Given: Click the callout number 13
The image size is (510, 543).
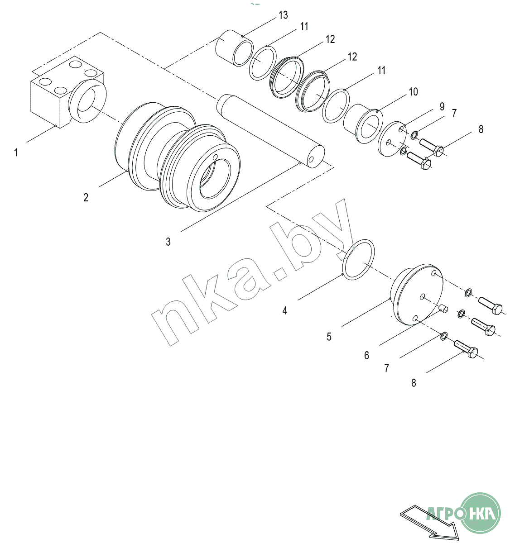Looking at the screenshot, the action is point(284,15).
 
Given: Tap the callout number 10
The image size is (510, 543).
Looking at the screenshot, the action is point(414,92).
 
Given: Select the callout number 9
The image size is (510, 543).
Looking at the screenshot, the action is point(442,107).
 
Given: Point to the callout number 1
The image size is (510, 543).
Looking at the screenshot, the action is point(16,152).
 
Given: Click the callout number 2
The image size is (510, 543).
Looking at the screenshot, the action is point(86,197).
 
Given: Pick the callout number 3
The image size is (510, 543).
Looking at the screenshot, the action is point(168,242).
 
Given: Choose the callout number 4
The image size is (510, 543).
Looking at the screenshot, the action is point(285,310).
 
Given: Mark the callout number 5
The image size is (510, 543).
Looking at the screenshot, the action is point(329,337).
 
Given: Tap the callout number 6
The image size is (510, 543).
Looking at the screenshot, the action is point(366,355).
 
